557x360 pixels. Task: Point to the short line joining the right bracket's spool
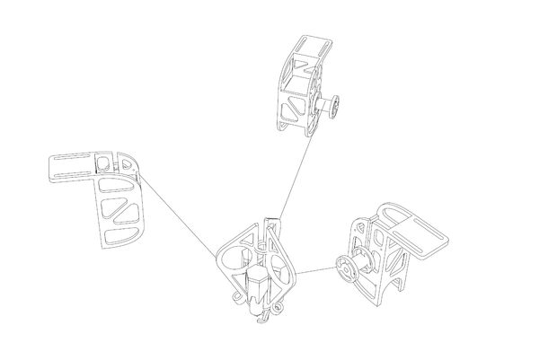point(316,270)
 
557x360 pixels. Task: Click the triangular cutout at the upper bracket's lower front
point(290,112)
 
